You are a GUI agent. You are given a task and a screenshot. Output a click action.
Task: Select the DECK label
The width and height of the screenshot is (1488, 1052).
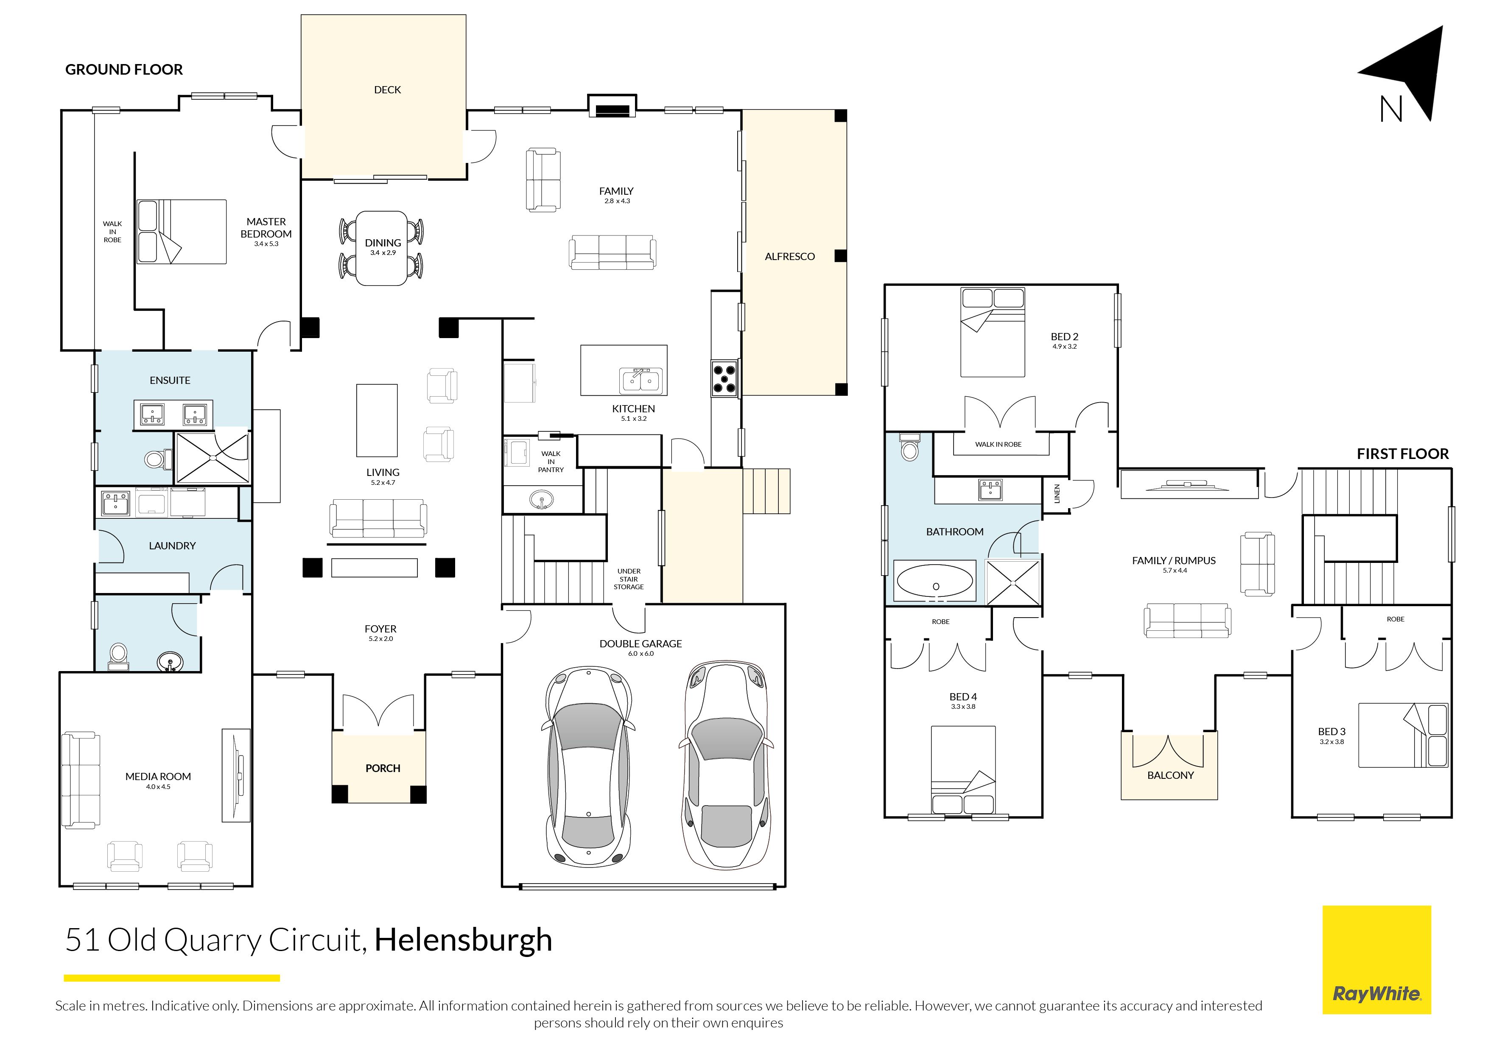point(388,90)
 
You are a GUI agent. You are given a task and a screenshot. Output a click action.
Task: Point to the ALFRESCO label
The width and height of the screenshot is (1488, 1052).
point(789,257)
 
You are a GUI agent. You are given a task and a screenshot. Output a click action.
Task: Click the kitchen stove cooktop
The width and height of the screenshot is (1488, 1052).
point(724,378)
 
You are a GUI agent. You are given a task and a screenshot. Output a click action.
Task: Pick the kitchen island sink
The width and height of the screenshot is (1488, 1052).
point(641,381)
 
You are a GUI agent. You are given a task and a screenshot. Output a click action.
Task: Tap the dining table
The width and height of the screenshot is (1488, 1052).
point(382,248)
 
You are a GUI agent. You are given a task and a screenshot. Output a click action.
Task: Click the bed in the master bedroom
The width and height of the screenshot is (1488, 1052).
point(182,232)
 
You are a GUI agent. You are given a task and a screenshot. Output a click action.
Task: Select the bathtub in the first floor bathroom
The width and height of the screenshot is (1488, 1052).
point(934,581)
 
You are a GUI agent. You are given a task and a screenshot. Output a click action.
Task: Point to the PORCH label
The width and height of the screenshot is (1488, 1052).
point(383,768)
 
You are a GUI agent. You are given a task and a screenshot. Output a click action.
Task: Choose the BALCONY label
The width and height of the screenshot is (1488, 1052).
point(1170,775)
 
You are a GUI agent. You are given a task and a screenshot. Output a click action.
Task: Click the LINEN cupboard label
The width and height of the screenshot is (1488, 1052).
point(1057,494)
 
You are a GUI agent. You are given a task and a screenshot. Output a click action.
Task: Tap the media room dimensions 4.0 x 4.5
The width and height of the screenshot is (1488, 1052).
point(158,787)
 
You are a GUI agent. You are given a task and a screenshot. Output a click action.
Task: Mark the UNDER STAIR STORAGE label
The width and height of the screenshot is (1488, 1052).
point(629,579)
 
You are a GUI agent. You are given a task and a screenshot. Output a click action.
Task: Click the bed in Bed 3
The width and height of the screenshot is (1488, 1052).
point(1403,735)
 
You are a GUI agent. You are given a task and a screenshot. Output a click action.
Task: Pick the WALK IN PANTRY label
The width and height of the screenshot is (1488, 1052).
point(551,462)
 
